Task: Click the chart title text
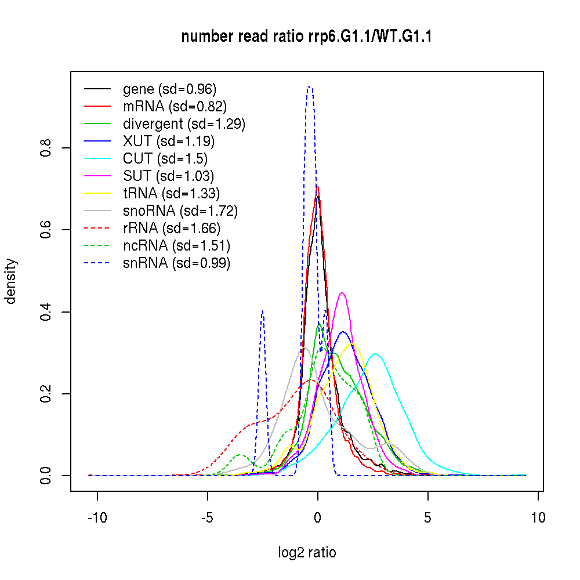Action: coord(307,37)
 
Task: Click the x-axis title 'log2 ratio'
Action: coord(307,553)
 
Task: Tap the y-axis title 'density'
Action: coord(11,281)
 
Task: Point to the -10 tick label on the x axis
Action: coord(97,517)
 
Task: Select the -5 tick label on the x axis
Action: coord(208,517)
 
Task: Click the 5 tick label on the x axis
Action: coord(428,517)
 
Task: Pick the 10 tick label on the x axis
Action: coord(538,517)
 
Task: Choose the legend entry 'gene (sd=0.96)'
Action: coord(169,89)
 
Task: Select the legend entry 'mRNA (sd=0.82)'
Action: coord(175,107)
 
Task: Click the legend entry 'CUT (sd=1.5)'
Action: coord(165,159)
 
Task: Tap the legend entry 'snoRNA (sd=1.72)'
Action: coord(180,211)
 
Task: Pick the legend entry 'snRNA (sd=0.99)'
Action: coord(176,263)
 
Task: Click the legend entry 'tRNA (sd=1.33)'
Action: coord(171,194)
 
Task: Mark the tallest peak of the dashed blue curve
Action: coord(310,87)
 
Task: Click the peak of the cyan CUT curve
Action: coord(375,354)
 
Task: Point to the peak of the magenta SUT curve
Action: coord(342,292)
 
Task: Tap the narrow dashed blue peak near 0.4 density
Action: coord(263,311)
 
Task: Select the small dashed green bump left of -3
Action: coord(241,455)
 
